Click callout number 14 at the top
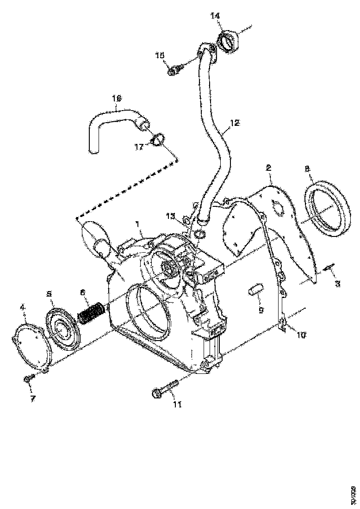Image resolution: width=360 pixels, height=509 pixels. coord(216,16)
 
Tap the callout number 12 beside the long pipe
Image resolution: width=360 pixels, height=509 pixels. coord(235,123)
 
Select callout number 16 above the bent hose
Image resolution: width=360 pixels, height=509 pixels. coord(117,98)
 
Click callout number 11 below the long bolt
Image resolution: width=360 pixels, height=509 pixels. coord(177,404)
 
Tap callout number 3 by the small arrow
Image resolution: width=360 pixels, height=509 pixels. coord(337,283)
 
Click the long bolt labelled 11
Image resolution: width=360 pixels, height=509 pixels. coord(165,388)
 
